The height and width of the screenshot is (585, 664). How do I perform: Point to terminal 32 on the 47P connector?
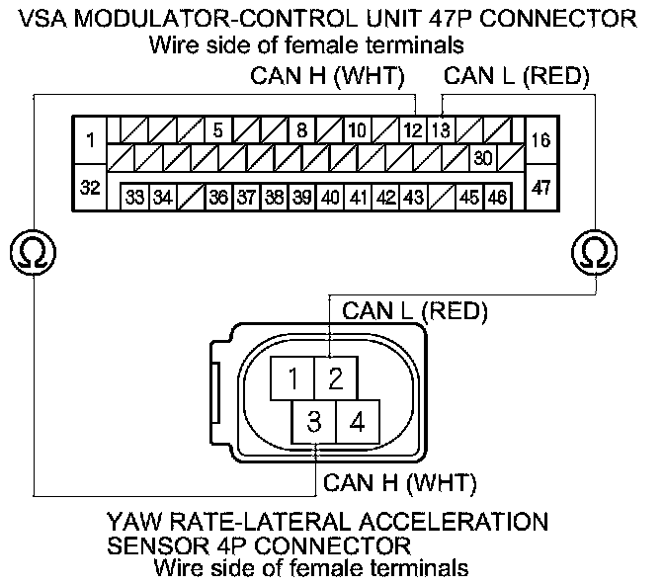tap(90, 188)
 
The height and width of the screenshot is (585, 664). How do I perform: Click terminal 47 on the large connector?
tap(541, 188)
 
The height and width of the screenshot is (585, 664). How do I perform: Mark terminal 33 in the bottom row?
tap(135, 197)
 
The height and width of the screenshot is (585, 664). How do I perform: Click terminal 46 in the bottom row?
tap(497, 197)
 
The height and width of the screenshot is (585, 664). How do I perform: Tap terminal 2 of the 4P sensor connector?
tap(336, 377)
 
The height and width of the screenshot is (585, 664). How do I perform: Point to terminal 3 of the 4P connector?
tap(314, 423)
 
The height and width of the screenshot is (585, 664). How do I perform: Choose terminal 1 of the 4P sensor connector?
tap(293, 377)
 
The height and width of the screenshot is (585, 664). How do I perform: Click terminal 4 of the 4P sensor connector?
tap(357, 423)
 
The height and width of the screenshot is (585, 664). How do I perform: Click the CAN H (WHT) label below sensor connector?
tap(400, 484)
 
